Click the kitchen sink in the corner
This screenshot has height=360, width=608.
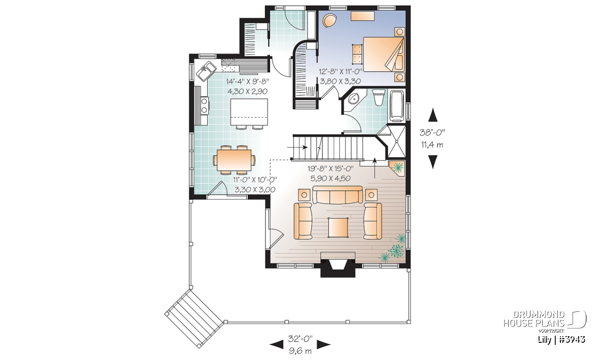[x=206, y=71]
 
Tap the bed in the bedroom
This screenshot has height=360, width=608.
[x=384, y=54]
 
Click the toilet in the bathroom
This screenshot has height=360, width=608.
[x=379, y=98]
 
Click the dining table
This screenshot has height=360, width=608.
[x=234, y=160]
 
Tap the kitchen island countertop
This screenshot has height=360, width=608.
[x=249, y=112]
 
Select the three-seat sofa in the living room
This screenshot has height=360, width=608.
[x=337, y=195]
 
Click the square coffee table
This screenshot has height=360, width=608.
[x=338, y=227]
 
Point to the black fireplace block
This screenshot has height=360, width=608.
[x=338, y=268]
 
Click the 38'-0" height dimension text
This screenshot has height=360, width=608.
[x=432, y=133]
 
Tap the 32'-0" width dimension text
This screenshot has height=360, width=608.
[x=300, y=339]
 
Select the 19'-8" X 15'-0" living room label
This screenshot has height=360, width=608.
[x=330, y=169]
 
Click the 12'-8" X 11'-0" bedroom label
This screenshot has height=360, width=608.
[x=340, y=71]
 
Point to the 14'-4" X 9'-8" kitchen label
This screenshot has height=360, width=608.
[x=248, y=82]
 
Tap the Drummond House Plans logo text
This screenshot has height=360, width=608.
[x=534, y=319]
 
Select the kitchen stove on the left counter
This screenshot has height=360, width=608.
[x=205, y=105]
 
